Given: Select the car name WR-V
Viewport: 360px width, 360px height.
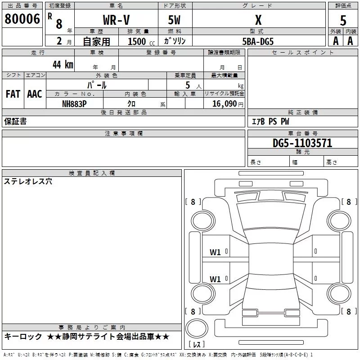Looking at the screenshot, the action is (x=116, y=21).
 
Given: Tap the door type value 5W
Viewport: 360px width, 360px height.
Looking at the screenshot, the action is (x=175, y=21).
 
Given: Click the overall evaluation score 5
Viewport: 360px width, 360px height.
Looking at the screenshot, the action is (x=343, y=21).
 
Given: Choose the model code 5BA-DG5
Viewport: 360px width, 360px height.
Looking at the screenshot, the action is (x=258, y=41).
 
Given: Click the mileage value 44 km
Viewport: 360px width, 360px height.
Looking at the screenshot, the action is (x=63, y=64).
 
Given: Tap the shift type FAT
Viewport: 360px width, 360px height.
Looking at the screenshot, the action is (x=13, y=94).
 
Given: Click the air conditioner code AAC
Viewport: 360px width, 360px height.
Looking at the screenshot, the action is (x=34, y=94).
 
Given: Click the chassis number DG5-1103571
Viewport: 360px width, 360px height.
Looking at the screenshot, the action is (x=302, y=143).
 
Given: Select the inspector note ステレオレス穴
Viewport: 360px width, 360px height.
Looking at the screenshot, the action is (x=28, y=182).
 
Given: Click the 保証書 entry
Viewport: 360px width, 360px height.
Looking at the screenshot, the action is (x=15, y=121).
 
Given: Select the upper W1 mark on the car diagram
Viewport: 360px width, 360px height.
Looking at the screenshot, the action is (x=215, y=252).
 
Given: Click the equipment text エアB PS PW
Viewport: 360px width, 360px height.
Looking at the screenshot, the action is (x=270, y=121).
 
